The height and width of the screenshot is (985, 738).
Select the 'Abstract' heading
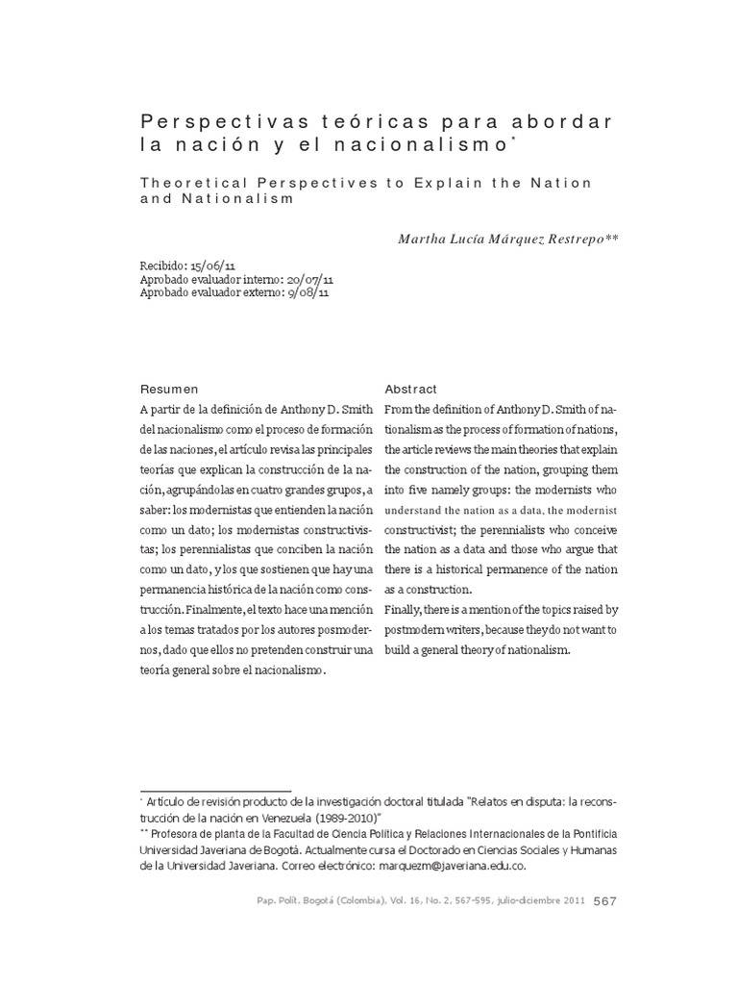tap(410, 389)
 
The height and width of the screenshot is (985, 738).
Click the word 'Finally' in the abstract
tap(406, 609)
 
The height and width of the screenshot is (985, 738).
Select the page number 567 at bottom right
tap(605, 901)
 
